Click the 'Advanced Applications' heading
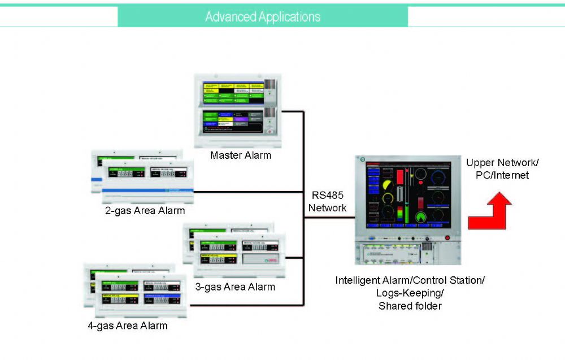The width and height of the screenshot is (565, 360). pyautogui.click(x=263, y=17)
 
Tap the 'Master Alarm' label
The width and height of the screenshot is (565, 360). pyautogui.click(x=240, y=155)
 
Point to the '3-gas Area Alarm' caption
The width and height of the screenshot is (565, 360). pyautogui.click(x=235, y=287)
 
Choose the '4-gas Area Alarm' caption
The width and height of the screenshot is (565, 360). pyautogui.click(x=128, y=326)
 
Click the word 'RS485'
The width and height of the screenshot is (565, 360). pyautogui.click(x=327, y=196)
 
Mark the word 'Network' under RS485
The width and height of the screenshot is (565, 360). pyautogui.click(x=327, y=208)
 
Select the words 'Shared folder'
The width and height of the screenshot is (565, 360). pyautogui.click(x=410, y=306)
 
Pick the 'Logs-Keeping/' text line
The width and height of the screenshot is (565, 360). pyautogui.click(x=410, y=293)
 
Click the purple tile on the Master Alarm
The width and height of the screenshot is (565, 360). pyautogui.click(x=241, y=119)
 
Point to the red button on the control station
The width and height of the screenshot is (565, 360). pyautogui.click(x=447, y=238)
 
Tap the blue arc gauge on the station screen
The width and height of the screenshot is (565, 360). pyautogui.click(x=438, y=176)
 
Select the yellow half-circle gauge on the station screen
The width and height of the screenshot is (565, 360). pyautogui.click(x=388, y=186)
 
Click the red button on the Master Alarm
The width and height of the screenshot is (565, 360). pyautogui.click(x=271, y=131)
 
